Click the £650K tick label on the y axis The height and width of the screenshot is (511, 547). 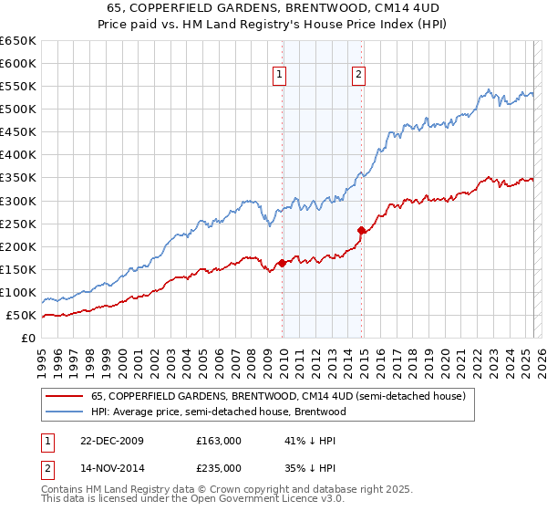[18, 41]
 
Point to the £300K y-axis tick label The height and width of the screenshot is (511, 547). [18, 201]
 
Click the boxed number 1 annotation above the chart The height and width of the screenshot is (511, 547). [278, 76]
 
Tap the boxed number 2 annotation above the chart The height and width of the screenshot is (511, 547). [358, 76]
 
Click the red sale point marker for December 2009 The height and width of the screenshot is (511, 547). [283, 263]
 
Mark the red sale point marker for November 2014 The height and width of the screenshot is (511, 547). [362, 230]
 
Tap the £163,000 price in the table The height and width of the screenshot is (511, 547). [219, 441]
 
